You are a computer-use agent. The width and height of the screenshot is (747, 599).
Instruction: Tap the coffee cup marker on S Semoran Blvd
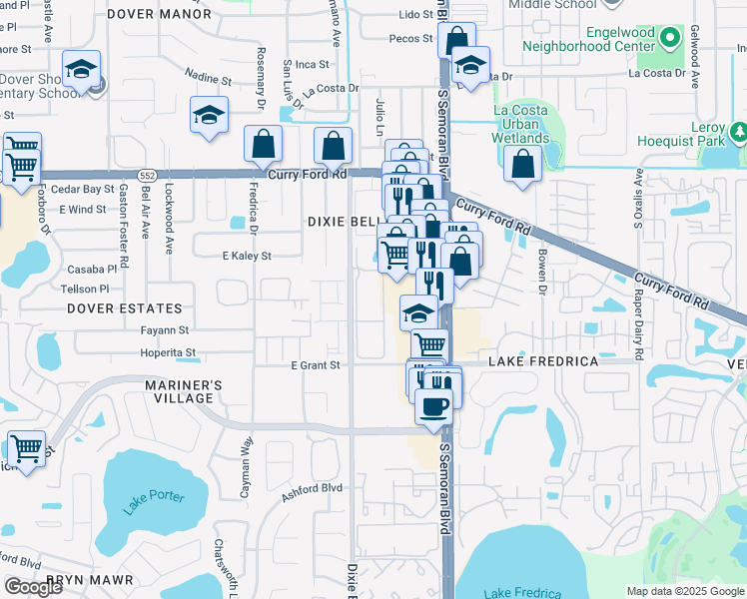point(433,407)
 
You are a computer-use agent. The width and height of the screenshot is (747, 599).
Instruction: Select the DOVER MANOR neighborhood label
point(159,14)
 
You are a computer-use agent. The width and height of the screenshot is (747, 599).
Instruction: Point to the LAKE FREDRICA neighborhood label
point(543,360)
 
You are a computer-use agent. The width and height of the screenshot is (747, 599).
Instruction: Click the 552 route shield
point(147,174)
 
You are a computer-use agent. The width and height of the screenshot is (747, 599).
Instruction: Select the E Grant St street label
point(316,365)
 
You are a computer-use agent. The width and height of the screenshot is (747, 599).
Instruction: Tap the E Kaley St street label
point(247,256)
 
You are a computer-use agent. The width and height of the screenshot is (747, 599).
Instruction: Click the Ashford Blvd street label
point(312,488)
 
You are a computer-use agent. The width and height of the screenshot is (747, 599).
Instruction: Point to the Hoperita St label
point(168,352)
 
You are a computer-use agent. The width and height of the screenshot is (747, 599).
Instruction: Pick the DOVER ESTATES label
point(125,308)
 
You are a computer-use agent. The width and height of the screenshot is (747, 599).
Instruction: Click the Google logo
point(33,587)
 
